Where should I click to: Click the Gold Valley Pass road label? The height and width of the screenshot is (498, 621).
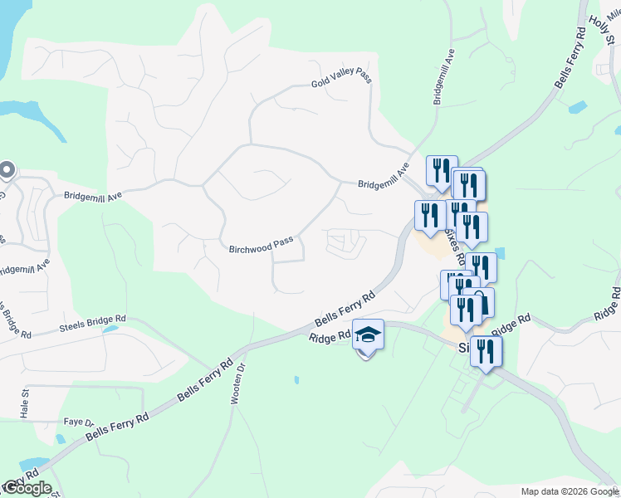point(341,78)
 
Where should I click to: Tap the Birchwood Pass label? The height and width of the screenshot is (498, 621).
point(261,245)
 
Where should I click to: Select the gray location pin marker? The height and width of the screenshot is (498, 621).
point(7,170)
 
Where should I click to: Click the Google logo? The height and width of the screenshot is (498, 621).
point(27,488)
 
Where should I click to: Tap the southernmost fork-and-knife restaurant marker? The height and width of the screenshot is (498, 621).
point(486,352)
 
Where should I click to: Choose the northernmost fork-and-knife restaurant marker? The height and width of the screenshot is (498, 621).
point(442,170)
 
